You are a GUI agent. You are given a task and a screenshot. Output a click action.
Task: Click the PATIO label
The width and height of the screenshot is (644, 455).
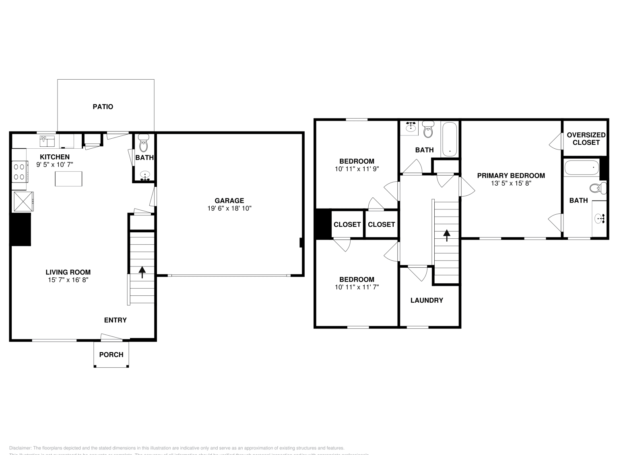pos(103,107)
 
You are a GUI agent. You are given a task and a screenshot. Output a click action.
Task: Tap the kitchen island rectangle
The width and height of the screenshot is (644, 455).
pos(68,178)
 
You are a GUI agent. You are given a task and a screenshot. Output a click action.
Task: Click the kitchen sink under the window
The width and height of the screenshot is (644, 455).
pos(47,141)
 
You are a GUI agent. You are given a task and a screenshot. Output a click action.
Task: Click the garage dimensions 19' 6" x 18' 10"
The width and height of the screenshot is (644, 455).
pos(229,208)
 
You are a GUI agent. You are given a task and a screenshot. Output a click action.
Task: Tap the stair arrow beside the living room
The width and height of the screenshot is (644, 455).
pos(142,272)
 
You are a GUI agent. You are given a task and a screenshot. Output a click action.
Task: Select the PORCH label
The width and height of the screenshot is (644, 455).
pos(111,355)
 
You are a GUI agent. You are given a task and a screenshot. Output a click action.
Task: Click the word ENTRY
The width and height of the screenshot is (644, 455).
pos(115,320)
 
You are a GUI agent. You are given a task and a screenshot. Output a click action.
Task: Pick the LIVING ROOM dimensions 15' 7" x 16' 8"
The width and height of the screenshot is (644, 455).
pos(68,280)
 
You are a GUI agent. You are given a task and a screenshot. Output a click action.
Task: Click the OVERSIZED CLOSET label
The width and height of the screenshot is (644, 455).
pos(586,139)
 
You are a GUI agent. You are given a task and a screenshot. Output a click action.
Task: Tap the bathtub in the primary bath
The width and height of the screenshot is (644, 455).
pos(581,168)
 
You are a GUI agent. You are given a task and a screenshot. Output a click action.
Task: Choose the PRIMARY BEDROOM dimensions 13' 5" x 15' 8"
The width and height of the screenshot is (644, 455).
pos(511,183)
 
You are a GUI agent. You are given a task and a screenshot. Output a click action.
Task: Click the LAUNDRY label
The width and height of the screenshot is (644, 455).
pos(427,300)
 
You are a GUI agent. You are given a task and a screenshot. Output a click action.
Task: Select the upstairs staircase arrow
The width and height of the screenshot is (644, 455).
pos(447,235)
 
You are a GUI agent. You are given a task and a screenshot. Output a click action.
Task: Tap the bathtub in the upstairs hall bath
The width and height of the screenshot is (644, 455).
pos(449,140)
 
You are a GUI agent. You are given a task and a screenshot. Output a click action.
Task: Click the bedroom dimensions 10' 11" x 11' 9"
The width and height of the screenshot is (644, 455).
pos(356,169)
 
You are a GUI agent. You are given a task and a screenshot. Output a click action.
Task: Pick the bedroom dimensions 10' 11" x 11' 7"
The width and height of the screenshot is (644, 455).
pos(356,287)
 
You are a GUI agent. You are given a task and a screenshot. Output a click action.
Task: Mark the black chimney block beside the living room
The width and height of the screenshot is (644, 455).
pos(21,229)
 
